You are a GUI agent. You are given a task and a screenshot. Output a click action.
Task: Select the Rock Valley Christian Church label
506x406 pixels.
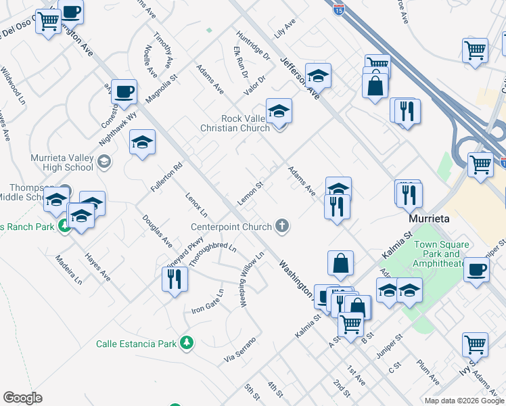[246, 123]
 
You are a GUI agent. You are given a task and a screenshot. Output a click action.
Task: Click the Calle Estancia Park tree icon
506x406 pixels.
[186, 344]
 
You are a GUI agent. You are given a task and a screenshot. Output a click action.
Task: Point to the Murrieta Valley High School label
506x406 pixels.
[62, 162]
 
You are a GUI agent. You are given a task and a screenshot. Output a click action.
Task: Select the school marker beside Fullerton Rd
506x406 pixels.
[142, 143]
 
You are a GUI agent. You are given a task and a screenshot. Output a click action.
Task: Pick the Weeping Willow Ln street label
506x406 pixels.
[251, 279]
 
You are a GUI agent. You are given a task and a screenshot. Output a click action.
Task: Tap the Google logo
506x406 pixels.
[23, 398]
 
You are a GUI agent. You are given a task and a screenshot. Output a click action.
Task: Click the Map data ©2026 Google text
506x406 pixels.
[463, 401]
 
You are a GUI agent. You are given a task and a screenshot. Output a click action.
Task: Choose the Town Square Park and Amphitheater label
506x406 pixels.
[442, 254]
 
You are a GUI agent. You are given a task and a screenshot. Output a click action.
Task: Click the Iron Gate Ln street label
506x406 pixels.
[207, 302]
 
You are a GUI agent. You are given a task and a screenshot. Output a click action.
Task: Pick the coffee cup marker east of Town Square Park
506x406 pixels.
[476, 270]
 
